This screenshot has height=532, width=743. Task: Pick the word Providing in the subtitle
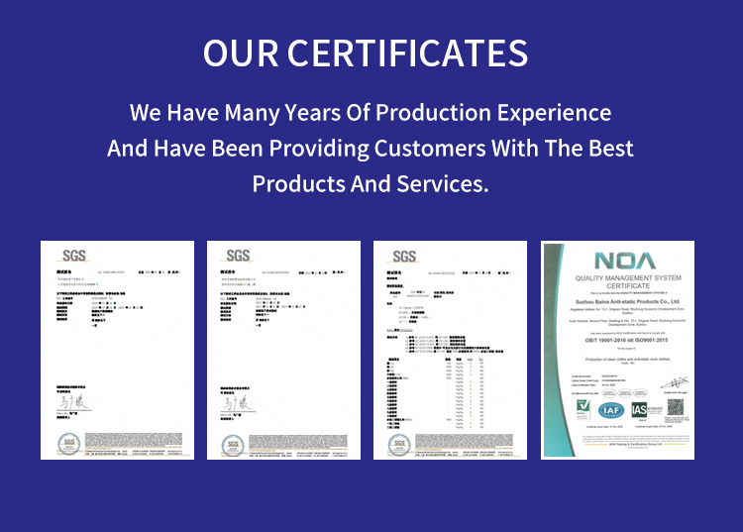[x=319, y=149]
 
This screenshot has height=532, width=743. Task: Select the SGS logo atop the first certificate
[x=74, y=256]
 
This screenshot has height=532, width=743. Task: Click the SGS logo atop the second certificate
[x=238, y=256]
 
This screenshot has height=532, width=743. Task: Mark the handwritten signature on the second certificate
[x=234, y=403]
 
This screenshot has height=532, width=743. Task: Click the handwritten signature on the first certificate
[x=68, y=403]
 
